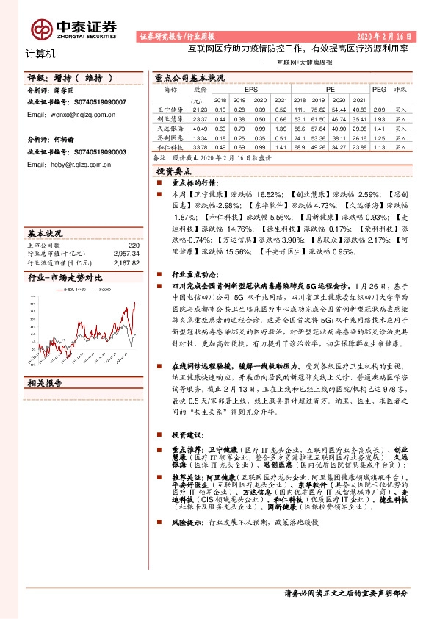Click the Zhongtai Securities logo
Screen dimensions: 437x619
coord(74,28)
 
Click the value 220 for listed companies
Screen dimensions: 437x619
coord(133,245)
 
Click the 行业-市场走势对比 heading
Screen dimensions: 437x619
coord(65,279)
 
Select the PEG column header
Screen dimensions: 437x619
coord(379,88)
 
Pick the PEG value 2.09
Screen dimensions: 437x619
coord(379,109)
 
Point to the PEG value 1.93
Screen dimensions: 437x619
coord(379,118)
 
